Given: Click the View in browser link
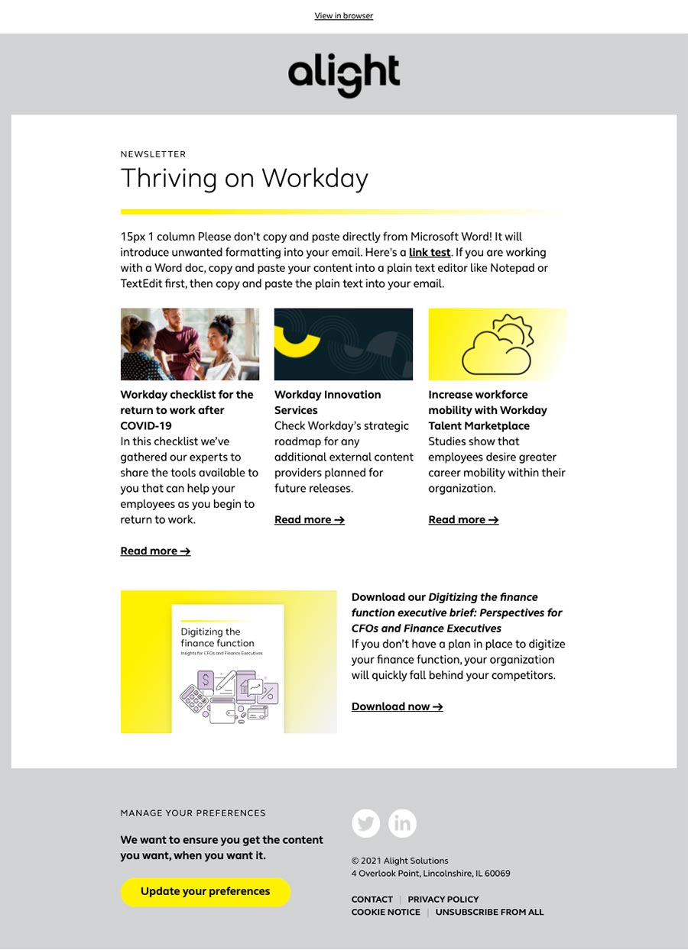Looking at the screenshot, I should (343, 16).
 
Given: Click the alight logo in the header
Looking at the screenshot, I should (343, 75).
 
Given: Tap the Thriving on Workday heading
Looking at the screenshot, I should (244, 179).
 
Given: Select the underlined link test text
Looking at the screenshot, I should (430, 252).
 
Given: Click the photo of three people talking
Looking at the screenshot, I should (190, 344).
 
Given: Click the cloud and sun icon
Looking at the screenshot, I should (497, 345).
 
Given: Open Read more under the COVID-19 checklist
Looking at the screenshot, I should (155, 551).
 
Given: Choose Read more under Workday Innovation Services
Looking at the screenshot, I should (310, 519).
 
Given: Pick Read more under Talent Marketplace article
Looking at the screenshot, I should (463, 519).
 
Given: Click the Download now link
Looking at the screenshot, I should (397, 706).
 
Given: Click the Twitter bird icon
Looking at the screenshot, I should (365, 823).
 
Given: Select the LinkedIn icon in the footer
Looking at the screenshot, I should (402, 823).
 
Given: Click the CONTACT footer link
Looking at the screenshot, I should (372, 899).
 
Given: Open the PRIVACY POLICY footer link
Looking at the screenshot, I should (443, 899).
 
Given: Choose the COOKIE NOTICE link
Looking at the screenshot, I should (385, 912).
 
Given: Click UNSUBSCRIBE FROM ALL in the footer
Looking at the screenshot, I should (489, 912).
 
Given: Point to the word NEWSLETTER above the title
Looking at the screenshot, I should (153, 154).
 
